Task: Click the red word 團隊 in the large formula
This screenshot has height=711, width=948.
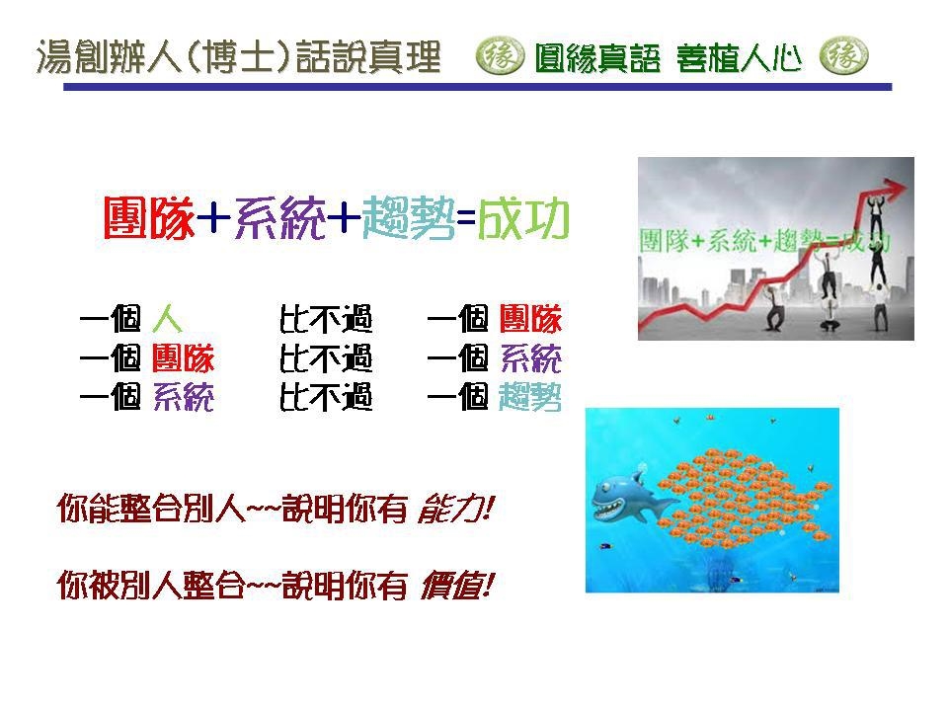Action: click(149, 217)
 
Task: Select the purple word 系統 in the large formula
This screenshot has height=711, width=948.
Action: click(279, 217)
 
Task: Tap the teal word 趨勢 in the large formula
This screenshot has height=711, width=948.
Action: click(409, 217)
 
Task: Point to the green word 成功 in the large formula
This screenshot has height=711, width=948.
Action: click(523, 217)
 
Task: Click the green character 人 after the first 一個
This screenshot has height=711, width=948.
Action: click(167, 319)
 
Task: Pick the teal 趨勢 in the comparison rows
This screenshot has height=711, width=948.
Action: click(530, 397)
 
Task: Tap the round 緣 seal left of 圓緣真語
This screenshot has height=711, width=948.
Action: click(500, 56)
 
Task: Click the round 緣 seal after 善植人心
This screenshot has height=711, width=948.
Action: click(844, 56)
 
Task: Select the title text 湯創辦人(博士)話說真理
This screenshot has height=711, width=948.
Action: click(238, 57)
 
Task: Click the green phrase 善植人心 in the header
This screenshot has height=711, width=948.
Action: click(739, 58)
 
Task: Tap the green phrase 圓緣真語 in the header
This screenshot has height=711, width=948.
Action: click(597, 58)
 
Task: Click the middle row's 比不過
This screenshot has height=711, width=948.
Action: click(326, 358)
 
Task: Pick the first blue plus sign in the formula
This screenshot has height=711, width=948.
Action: click(214, 217)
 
